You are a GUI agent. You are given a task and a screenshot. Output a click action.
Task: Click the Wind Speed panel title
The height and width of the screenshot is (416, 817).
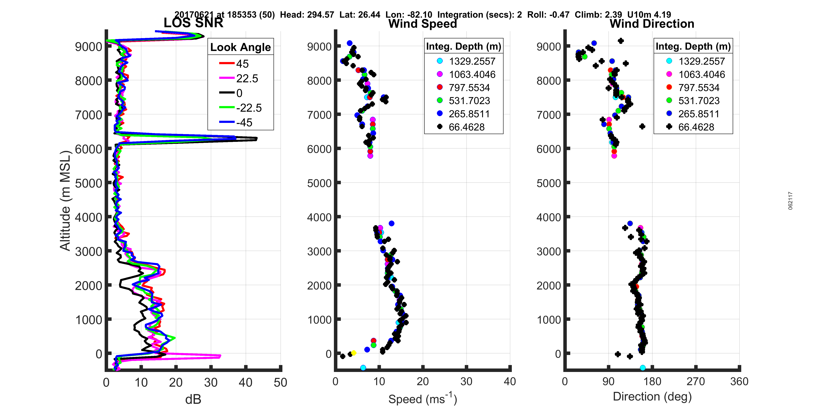tap(423, 24)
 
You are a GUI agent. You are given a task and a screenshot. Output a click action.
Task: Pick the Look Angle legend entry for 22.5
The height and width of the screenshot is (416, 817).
tap(247, 78)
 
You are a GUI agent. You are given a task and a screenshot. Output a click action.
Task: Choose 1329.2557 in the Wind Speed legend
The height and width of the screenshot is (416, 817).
tap(472, 61)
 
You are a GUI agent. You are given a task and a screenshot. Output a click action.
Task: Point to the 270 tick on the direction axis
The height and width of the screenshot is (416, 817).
tap(696, 381)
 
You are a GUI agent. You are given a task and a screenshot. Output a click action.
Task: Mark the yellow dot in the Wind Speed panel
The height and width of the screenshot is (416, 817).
tap(354, 353)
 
